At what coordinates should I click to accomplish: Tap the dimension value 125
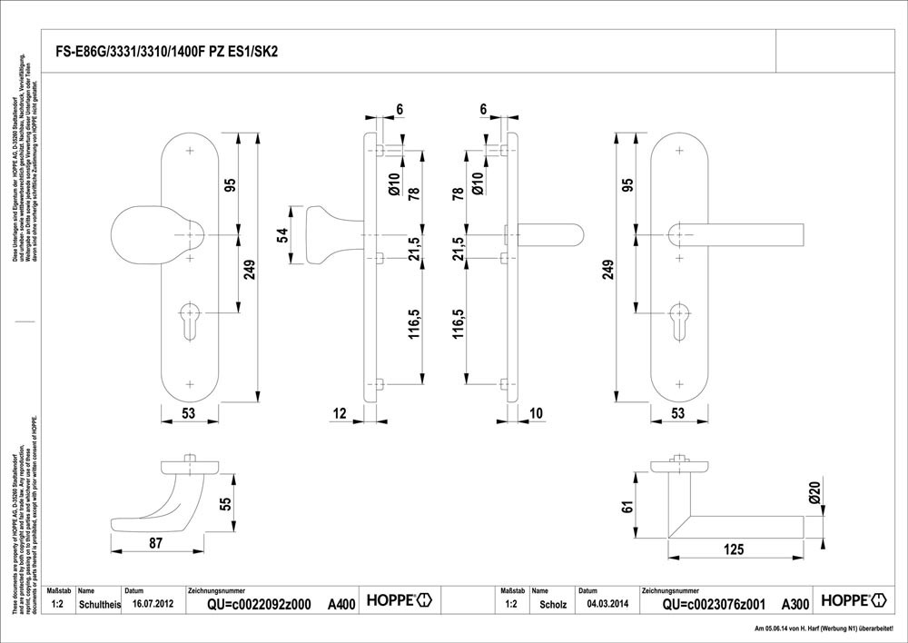[735, 549]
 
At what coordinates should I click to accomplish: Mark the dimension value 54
[282, 235]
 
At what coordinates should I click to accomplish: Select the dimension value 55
[226, 504]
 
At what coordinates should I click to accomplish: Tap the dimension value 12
[340, 414]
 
